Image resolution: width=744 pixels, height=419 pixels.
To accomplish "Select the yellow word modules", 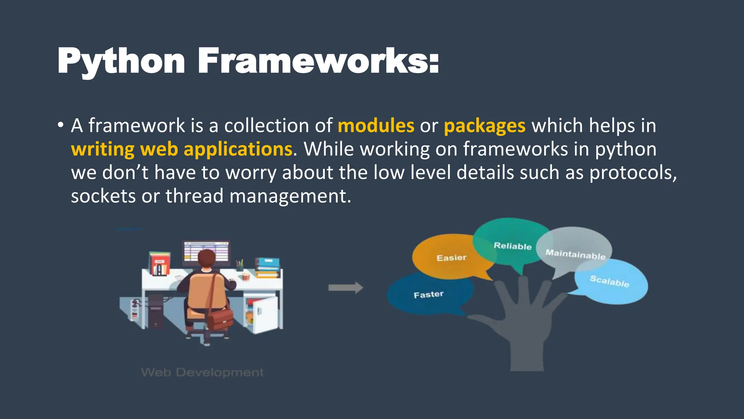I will pyautogui.click(x=376, y=126).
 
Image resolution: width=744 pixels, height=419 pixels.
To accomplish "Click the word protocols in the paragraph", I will pyautogui.click(x=632, y=173).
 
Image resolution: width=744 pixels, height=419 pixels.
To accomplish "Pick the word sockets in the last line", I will pyautogui.click(x=103, y=196).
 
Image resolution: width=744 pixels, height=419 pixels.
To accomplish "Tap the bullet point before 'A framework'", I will pyautogui.click(x=61, y=125).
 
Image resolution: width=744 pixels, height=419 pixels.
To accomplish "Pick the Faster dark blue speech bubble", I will pyautogui.click(x=429, y=294).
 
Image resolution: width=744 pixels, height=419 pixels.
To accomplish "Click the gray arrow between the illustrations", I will pyautogui.click(x=345, y=288).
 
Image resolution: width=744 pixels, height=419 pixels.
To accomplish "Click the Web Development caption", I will pyautogui.click(x=202, y=372).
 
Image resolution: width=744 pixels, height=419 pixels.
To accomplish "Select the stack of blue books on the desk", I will pyautogui.click(x=268, y=268).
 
